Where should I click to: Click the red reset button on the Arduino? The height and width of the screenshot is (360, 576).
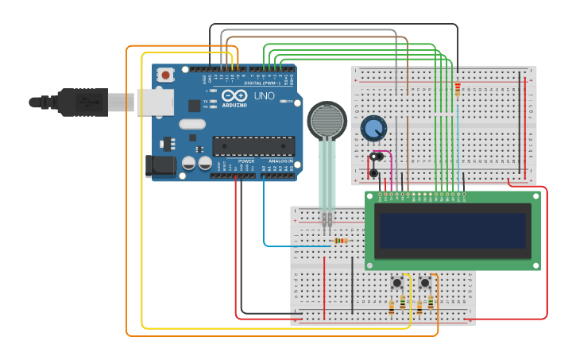(x=165, y=75)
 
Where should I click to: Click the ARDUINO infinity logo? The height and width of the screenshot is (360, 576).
(x=234, y=95)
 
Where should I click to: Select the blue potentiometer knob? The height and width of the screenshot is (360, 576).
(x=373, y=127)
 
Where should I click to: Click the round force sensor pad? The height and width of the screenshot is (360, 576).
(x=327, y=120)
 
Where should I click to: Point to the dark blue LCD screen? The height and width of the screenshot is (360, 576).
(x=453, y=230)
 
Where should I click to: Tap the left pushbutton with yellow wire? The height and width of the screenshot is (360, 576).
(x=396, y=282)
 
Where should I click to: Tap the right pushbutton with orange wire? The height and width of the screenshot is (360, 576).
(x=425, y=282)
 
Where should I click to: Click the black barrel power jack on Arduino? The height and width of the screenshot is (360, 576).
(x=162, y=165)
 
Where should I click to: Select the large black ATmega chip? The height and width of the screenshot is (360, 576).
(x=253, y=146)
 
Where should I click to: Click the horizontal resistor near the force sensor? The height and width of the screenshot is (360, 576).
(x=341, y=240)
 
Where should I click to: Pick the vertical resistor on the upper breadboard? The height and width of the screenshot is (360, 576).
(x=458, y=89)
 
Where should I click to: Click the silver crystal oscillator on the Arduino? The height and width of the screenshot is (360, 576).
(x=192, y=124)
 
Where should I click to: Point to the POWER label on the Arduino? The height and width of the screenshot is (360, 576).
(x=246, y=161)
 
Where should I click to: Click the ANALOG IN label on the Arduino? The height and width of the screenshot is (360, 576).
(x=279, y=161)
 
